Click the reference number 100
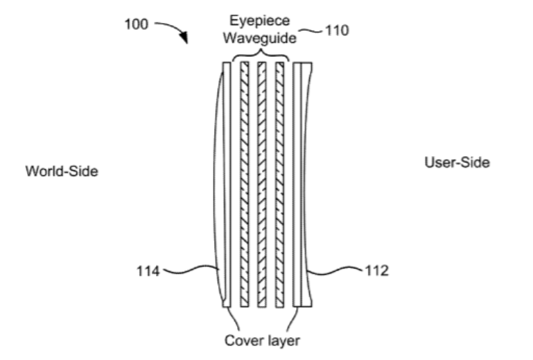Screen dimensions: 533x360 [137, 24]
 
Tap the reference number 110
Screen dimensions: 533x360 [337, 31]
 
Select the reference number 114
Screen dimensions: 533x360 [148, 271]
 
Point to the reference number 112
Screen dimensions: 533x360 [377, 271]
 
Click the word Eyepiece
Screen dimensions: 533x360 [260, 21]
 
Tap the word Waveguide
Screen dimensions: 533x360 [260, 37]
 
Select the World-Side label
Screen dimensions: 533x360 [62, 171]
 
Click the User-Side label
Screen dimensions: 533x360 [457, 162]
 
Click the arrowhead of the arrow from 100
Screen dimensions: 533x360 [184, 37]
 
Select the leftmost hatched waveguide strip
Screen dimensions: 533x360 [245, 185]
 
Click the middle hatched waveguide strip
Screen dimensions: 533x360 [262, 185]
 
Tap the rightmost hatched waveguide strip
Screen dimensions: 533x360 [279, 185]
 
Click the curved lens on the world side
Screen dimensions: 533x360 [218, 185]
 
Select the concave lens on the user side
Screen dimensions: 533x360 [306, 185]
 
